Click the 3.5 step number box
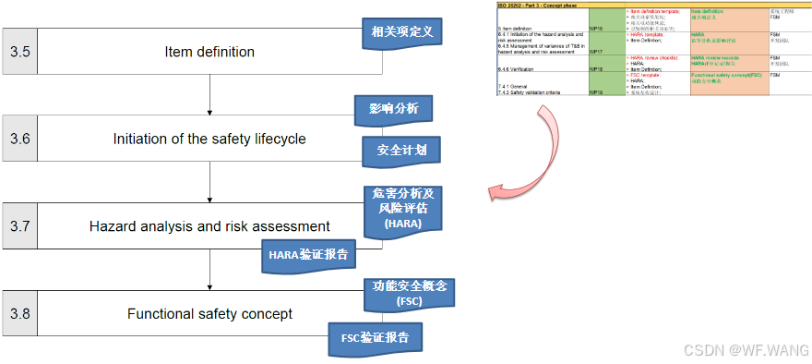pyautogui.click(x=19, y=51)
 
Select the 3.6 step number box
pyautogui.click(x=19, y=139)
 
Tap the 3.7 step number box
pyautogui.click(x=19, y=225)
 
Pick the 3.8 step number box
pyautogui.click(x=19, y=314)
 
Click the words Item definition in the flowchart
pyautogui.click(x=209, y=51)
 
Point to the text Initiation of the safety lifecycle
pyautogui.click(x=209, y=139)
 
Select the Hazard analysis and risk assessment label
pyautogui.click(x=209, y=225)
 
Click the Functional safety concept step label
pyautogui.click(x=209, y=314)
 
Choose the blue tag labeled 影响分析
pyautogui.click(x=394, y=110)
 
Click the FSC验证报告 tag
pyautogui.click(x=375, y=338)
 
